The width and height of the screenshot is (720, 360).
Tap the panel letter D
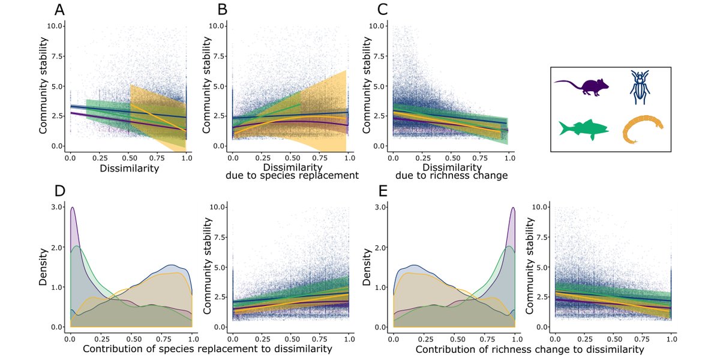coord(59,193)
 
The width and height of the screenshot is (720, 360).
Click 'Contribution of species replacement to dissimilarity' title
coord(206,349)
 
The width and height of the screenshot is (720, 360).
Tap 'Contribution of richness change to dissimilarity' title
coord(529,349)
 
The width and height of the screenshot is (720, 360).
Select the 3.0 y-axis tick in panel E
coord(378,207)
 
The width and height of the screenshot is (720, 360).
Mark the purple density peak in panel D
coord(73,208)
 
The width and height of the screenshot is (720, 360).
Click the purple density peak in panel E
coord(514,208)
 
